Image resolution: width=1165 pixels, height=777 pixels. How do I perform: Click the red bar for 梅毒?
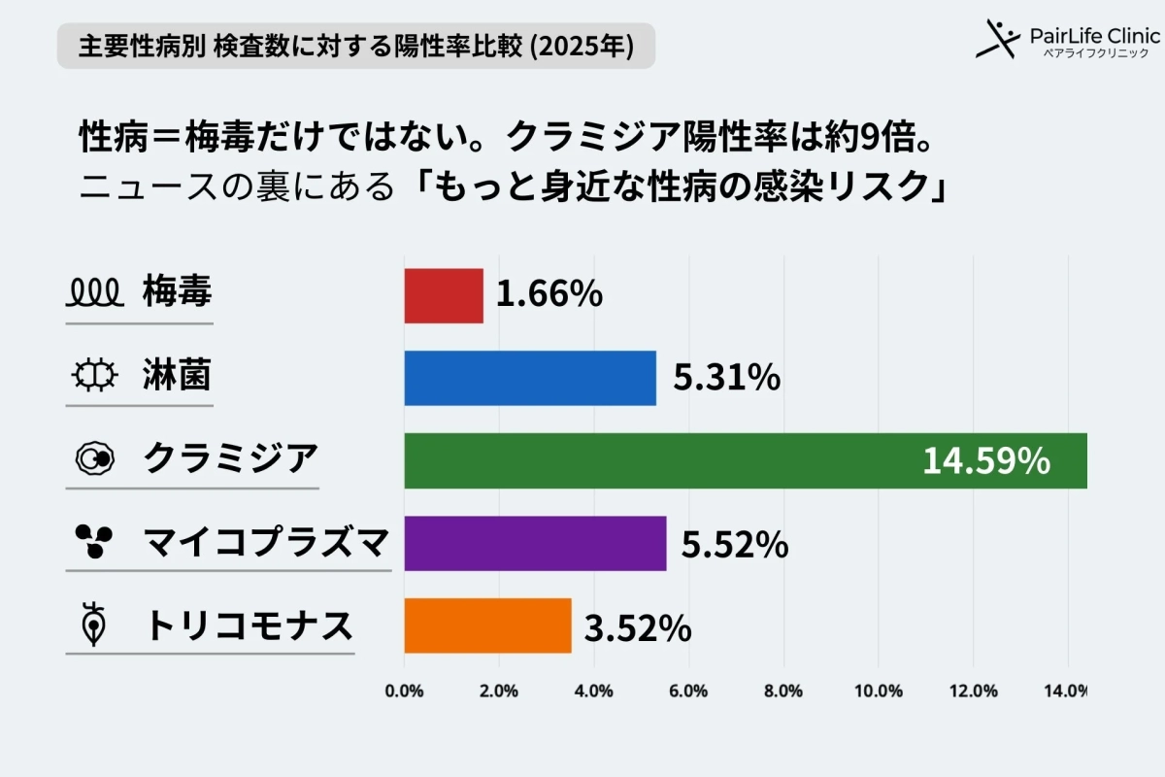pos(444,295)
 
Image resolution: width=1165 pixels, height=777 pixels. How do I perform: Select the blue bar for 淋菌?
pos(530,378)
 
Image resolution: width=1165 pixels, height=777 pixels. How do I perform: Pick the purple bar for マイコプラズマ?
pos(535,543)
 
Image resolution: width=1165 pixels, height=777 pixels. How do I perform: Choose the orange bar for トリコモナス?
pos(487,625)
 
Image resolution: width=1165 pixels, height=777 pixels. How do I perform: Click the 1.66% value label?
pos(549,295)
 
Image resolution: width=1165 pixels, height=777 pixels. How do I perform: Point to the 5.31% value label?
pos(726,378)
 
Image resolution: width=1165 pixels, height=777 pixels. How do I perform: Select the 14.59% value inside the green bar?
pos(985,461)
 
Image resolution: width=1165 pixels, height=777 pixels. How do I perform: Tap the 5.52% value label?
pos(734,546)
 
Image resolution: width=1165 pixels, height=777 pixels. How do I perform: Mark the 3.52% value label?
pos(638,628)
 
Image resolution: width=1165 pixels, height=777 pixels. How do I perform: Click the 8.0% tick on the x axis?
pos(782,692)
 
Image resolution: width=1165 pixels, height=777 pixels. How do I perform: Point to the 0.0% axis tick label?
pos(405,692)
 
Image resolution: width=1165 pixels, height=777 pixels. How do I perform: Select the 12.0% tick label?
pos(972,692)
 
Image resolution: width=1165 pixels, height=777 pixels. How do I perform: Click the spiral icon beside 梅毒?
pos(93,290)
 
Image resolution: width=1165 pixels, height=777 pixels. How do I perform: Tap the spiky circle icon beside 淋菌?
pos(94,374)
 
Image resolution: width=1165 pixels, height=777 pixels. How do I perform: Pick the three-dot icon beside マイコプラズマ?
pos(94,541)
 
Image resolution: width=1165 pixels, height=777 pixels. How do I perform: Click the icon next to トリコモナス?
pos(94,625)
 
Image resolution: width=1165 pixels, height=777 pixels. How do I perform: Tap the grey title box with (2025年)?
pos(355,46)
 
